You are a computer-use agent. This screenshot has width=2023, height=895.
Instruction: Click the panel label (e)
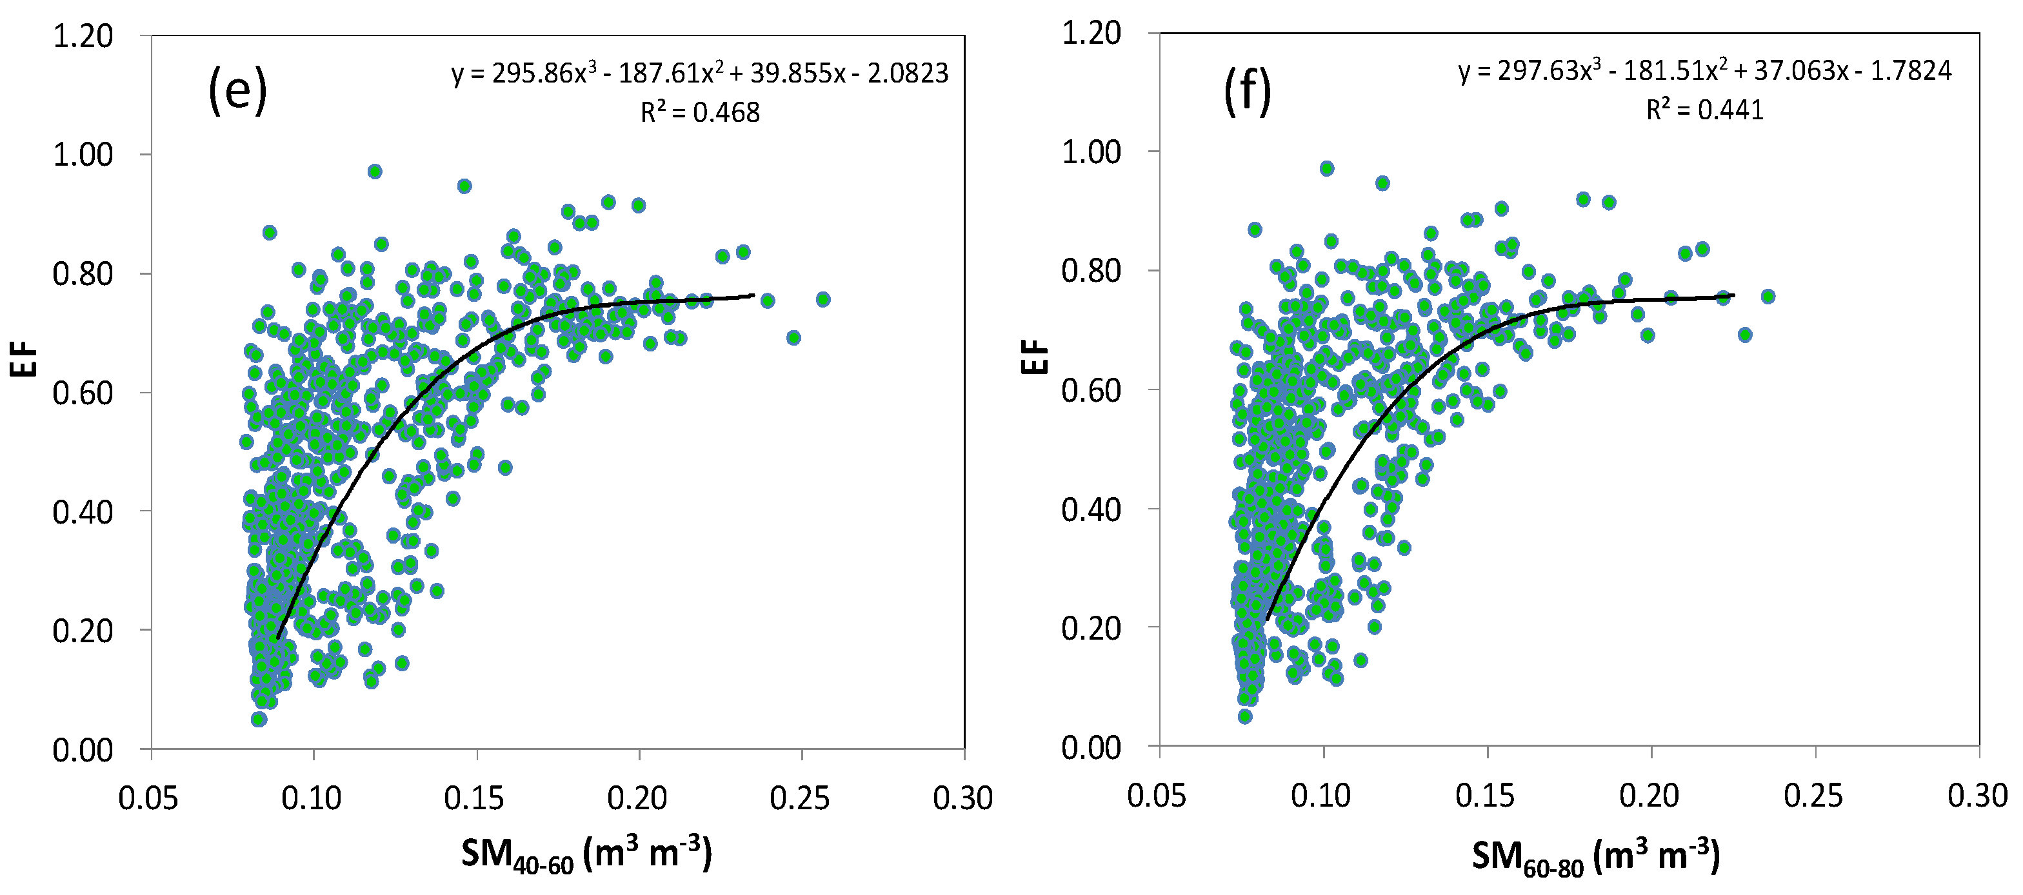[x=237, y=92]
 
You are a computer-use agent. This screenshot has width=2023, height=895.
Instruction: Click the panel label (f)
[x=1247, y=92]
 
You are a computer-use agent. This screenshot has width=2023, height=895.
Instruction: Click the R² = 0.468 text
[x=700, y=113]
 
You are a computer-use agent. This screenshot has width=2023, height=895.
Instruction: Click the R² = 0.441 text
[x=1704, y=110]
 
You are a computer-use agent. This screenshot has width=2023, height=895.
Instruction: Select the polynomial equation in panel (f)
[x=1704, y=72]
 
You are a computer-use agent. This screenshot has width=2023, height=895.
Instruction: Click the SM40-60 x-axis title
[x=586, y=854]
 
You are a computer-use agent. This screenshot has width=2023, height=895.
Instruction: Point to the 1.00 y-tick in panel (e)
[x=83, y=155]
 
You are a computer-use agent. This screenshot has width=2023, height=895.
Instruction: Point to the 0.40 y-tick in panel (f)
[x=1091, y=509]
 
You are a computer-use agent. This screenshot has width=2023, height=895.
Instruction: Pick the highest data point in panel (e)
[x=375, y=171]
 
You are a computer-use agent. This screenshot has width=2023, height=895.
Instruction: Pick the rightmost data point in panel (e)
[x=823, y=299]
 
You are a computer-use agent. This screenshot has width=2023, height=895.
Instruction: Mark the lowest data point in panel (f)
[x=1245, y=716]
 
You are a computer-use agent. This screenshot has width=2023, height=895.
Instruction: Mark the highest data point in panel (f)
[x=1326, y=168]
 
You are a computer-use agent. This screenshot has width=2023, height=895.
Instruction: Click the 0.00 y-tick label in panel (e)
[x=83, y=751]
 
